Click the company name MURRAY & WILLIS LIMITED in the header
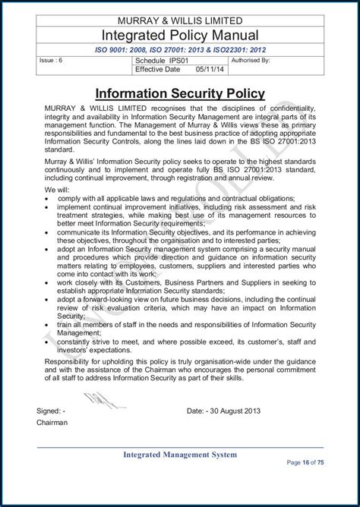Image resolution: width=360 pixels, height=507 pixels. point(179,19)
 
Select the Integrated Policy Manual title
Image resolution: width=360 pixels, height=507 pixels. point(179,35)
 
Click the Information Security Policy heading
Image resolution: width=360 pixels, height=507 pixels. point(179,94)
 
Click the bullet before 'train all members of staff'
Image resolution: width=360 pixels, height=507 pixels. point(48,324)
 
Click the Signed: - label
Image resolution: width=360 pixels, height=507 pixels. point(51,411)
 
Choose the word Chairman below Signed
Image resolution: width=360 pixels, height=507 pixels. point(54,424)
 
